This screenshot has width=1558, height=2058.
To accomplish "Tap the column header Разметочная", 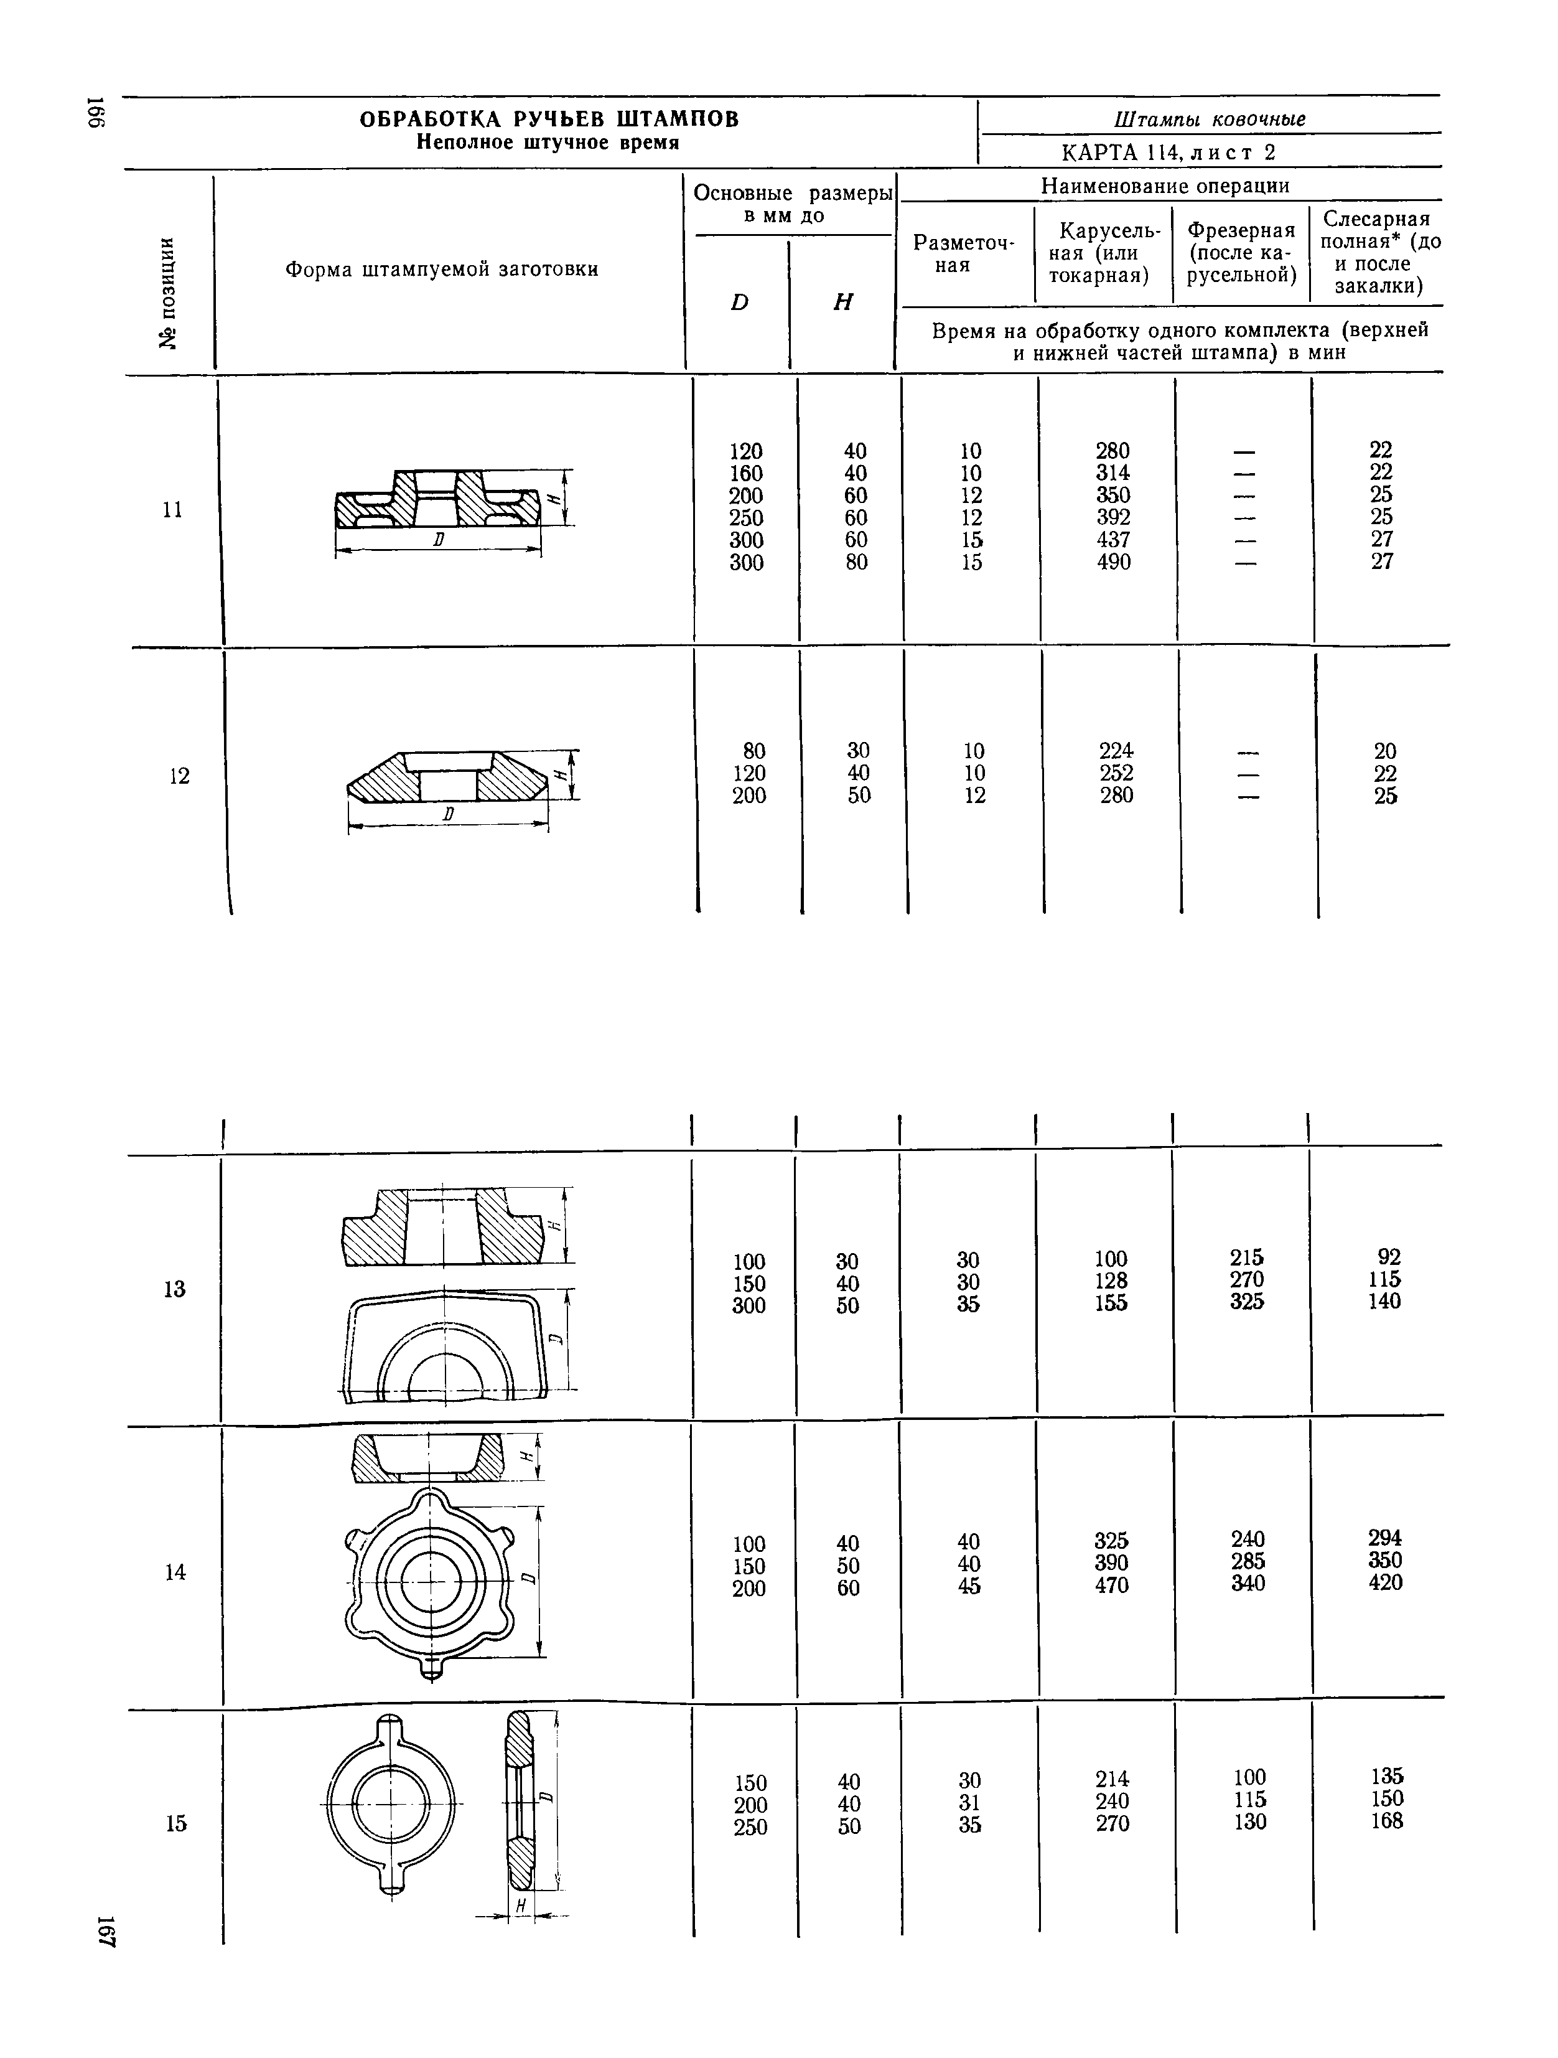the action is tap(964, 254).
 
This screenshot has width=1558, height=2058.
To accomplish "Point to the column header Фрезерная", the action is tap(1241, 230).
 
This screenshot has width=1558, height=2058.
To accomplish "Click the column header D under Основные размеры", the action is tap(739, 303).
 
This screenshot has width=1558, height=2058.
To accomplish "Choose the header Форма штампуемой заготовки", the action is tap(441, 270).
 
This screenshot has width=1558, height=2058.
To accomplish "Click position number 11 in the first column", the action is tap(172, 510).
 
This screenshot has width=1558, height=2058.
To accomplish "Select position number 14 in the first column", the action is tap(175, 1572).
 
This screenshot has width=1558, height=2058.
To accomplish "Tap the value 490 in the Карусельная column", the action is tap(1113, 562).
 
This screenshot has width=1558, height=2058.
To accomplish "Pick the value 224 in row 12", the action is tap(1115, 751).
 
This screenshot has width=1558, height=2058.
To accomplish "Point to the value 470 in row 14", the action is tap(1111, 1586).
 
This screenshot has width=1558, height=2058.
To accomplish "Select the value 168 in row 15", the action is tap(1386, 1821).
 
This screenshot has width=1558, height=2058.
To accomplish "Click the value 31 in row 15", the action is tap(969, 1802).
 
